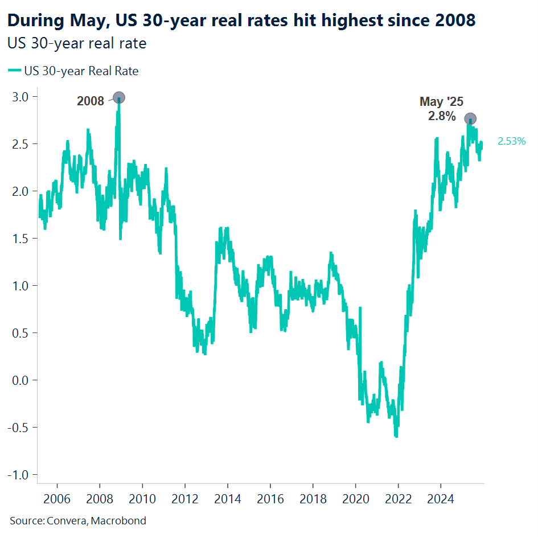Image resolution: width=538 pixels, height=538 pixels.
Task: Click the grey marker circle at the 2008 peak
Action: pos(119,97)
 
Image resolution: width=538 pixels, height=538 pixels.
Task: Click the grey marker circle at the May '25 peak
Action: pos(470,118)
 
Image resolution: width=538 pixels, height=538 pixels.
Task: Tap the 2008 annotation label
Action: pos(91,102)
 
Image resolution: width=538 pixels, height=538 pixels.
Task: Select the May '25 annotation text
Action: pos(441,102)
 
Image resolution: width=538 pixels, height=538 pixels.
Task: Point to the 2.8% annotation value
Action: pos(441,116)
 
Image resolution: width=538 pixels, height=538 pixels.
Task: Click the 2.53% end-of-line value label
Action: pos(511,142)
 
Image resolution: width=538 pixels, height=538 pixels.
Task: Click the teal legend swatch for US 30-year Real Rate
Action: pos(14,71)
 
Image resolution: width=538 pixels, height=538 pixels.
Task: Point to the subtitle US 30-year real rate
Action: pos(77,43)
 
